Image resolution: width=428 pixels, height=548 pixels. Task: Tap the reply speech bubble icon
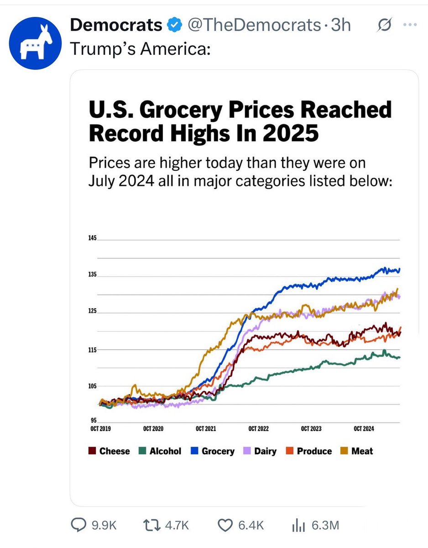(79, 526)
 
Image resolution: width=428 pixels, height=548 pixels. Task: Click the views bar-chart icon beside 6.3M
(298, 526)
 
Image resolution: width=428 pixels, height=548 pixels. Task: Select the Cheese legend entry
(110, 451)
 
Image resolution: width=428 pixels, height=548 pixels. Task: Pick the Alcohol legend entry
(160, 451)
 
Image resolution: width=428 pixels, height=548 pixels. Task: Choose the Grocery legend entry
(213, 451)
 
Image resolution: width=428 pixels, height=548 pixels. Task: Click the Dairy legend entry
(260, 451)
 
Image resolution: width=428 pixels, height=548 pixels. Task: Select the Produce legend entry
(309, 451)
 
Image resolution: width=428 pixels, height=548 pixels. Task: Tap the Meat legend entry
(357, 451)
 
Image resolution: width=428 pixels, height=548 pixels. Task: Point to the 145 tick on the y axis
(93, 239)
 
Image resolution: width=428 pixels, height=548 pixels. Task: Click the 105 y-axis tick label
(93, 386)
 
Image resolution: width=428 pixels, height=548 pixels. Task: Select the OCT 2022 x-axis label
(258, 429)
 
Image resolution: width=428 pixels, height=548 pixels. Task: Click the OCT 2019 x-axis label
(100, 429)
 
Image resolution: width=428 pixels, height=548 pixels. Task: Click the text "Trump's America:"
(140, 49)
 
